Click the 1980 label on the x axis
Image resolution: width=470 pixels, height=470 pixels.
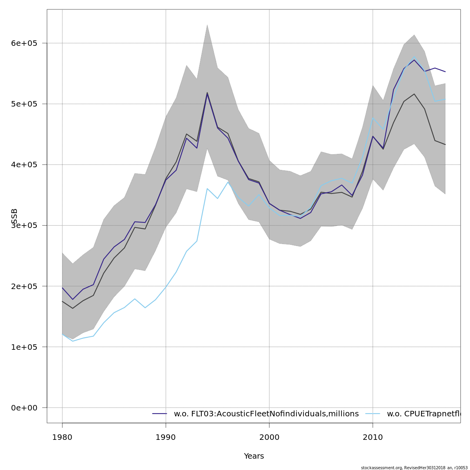click(x=62, y=437)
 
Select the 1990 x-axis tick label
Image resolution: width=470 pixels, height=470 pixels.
click(x=166, y=437)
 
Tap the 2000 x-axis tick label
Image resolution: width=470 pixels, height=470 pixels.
click(x=269, y=437)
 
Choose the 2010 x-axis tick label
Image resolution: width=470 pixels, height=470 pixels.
click(x=372, y=437)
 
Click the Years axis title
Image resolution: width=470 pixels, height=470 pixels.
click(x=254, y=456)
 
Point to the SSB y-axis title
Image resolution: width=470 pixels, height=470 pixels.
click(x=14, y=216)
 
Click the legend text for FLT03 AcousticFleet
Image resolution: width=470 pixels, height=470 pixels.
click(x=266, y=414)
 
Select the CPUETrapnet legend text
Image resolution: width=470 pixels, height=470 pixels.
click(x=423, y=414)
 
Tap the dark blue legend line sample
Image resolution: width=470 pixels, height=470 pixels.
click(x=160, y=414)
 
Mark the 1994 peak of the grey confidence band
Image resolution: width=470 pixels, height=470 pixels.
click(x=207, y=25)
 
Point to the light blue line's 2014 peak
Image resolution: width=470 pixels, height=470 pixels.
click(x=414, y=57)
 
